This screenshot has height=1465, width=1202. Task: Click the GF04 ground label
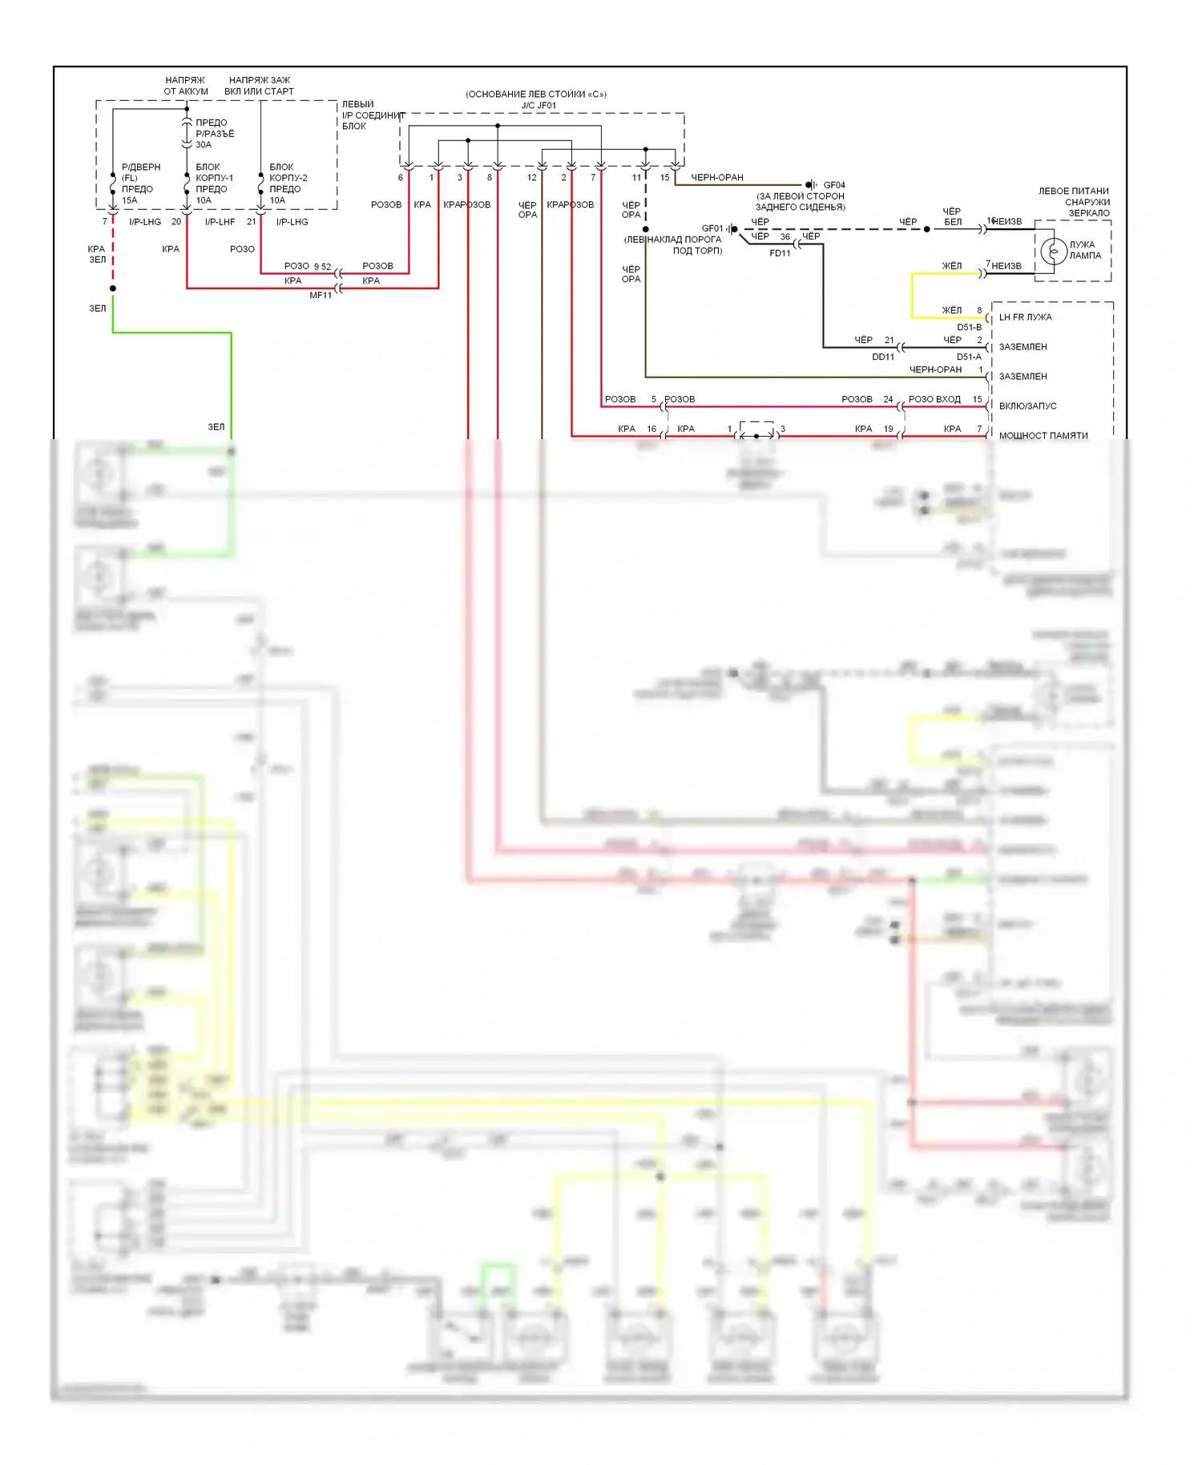click(x=834, y=185)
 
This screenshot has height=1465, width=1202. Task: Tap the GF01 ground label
click(x=712, y=228)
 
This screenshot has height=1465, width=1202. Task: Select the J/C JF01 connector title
click(x=538, y=106)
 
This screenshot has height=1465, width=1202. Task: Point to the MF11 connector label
click(x=321, y=296)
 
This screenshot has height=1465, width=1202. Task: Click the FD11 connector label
click(x=780, y=253)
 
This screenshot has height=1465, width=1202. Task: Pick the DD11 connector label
click(x=883, y=357)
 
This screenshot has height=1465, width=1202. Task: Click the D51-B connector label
click(x=969, y=327)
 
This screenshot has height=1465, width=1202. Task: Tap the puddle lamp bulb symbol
click(x=1054, y=251)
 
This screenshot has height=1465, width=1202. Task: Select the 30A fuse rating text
click(x=204, y=145)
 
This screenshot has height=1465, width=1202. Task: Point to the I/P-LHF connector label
click(x=220, y=222)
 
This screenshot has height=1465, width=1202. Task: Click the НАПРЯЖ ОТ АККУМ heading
click(x=186, y=86)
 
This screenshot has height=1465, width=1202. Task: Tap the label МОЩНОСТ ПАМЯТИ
click(x=1043, y=436)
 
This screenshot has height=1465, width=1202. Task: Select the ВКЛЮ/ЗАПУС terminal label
click(x=1027, y=406)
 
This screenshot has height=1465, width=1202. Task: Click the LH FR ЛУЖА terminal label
click(x=1026, y=317)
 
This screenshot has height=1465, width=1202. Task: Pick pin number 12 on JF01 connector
click(x=531, y=178)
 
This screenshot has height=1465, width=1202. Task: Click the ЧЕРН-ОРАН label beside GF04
click(x=717, y=178)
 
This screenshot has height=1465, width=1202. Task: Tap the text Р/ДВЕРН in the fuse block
click(x=141, y=167)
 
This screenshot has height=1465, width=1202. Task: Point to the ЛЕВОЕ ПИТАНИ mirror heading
click(x=1074, y=192)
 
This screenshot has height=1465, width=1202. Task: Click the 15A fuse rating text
click(x=130, y=200)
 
